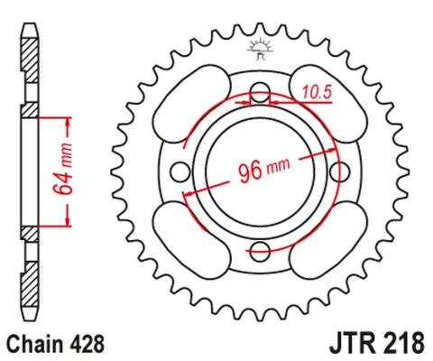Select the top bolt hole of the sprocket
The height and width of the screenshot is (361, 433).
click(260, 92)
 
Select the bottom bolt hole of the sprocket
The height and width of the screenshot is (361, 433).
click(260, 250)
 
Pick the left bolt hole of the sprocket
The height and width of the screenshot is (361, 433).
click(180, 171)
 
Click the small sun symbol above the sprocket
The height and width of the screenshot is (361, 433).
click(261, 46)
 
